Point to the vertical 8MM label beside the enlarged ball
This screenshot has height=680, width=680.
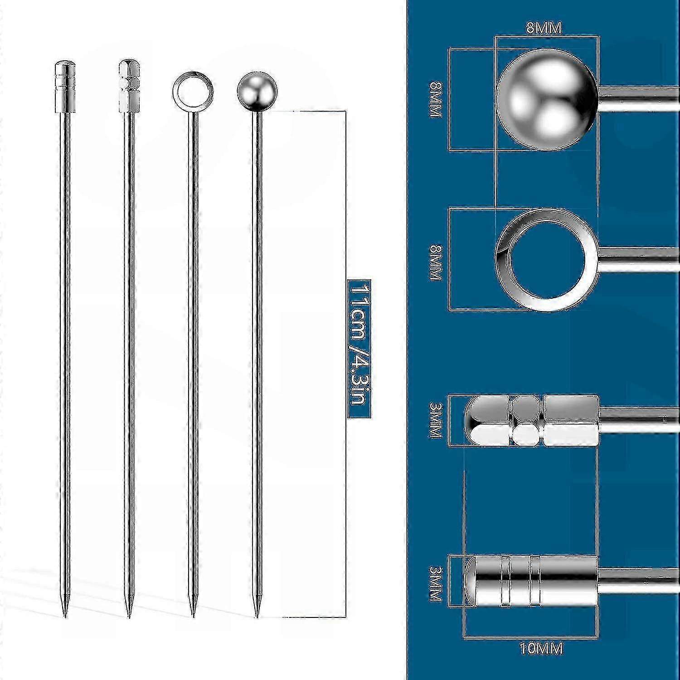point(436,100)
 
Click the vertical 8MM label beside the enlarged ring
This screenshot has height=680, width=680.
point(436,262)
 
